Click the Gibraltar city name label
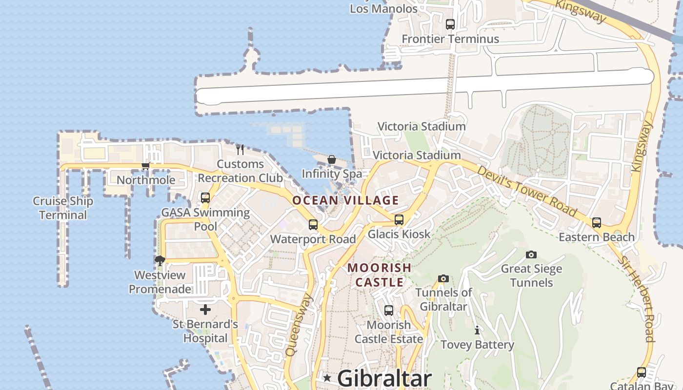384,378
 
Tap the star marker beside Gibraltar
327,378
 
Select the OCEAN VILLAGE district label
345,200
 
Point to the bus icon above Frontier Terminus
450,24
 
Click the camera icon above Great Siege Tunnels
531,254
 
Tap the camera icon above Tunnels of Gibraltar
443,278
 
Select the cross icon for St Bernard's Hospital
205,310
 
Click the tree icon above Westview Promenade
160,261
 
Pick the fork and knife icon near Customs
240,149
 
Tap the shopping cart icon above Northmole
145,166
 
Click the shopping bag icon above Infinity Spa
332,159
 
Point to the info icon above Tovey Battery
477,331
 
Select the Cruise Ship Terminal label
63,208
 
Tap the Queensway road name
299,325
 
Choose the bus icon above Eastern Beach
596,223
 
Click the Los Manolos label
384,9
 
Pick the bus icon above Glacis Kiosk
399,220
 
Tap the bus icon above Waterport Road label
313,225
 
